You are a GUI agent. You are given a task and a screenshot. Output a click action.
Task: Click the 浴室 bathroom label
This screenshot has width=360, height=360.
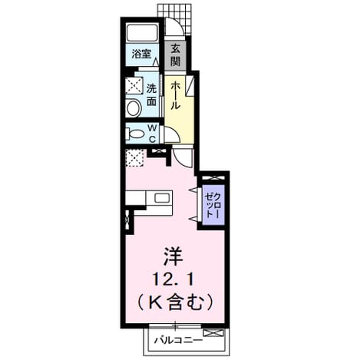(x=141, y=54)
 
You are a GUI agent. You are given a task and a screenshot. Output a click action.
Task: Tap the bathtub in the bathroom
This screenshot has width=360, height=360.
(x=142, y=33)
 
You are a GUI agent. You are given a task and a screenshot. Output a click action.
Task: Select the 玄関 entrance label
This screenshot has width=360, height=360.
(x=176, y=55)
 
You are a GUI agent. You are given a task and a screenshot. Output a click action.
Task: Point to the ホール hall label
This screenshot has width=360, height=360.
(x=176, y=95)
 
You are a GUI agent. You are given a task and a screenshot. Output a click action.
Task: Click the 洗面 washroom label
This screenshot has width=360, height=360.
(x=152, y=95)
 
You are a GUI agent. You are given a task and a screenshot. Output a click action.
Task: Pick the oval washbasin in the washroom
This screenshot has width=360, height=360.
(x=134, y=108)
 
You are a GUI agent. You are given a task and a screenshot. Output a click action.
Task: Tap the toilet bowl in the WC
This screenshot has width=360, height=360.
(x=134, y=134)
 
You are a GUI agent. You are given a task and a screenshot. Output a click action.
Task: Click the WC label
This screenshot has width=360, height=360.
(x=152, y=133)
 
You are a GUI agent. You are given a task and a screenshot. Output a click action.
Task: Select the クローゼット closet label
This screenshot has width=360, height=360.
(x=213, y=205)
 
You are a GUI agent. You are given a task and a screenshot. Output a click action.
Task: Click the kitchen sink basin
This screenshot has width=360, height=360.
(x=162, y=198)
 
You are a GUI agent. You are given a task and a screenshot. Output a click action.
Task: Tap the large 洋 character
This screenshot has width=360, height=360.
(x=174, y=256)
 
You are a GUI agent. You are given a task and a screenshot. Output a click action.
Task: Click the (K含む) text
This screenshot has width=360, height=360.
(x=176, y=303)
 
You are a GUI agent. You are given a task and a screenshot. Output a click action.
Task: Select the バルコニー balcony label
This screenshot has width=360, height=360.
(x=178, y=340)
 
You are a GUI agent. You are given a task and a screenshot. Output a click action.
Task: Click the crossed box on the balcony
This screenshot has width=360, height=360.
(x=213, y=333)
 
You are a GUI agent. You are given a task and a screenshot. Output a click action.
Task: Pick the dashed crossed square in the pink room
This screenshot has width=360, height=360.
(x=135, y=157)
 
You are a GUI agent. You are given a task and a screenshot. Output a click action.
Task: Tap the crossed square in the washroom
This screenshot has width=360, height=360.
(x=134, y=86)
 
